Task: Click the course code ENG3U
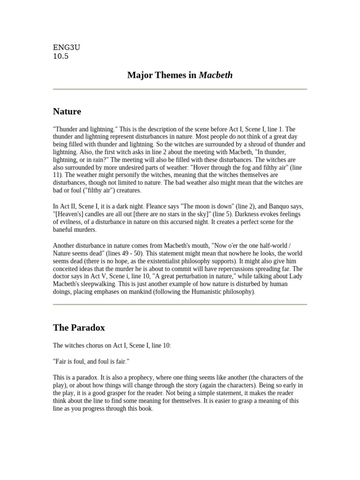(63, 47)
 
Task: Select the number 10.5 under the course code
(60, 56)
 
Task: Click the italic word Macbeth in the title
(216, 75)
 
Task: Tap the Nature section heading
(67, 112)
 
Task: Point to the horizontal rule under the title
(180, 89)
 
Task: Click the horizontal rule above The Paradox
(180, 305)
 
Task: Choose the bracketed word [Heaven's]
(70, 214)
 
